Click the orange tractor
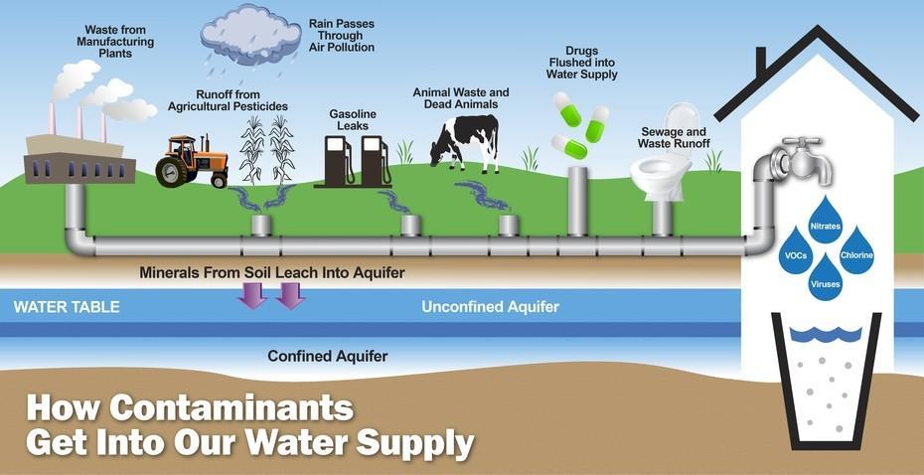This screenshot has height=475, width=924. click(192, 160)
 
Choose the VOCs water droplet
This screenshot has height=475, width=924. click(797, 250)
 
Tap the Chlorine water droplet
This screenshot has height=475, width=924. click(856, 250)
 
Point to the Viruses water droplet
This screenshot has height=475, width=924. click(827, 277)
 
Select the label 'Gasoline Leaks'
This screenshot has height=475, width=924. click(353, 120)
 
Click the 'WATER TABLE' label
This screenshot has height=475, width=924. click(67, 307)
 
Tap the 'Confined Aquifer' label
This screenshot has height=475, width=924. click(328, 355)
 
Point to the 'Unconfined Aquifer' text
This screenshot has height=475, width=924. click(490, 307)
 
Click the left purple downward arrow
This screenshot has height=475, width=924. click(254, 294)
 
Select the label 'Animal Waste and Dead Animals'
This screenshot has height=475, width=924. click(460, 97)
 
